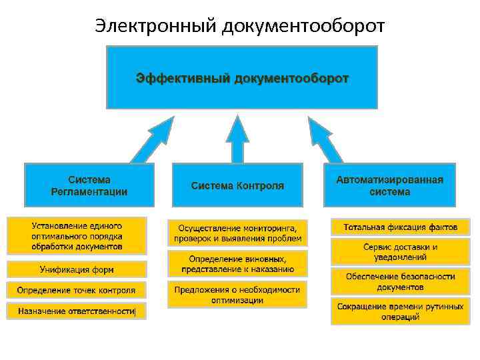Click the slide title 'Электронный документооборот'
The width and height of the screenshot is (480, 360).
[x=240, y=25]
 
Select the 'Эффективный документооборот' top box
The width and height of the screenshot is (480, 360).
[x=242, y=77]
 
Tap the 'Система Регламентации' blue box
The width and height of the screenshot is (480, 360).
[x=89, y=185]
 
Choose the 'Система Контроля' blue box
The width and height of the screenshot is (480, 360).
[x=237, y=185]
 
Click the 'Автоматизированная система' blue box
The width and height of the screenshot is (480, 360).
[x=390, y=185]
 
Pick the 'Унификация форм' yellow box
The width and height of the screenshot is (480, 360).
[x=77, y=269]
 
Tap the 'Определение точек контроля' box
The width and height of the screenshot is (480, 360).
[x=77, y=290]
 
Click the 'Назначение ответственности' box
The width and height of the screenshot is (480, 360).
[x=77, y=311]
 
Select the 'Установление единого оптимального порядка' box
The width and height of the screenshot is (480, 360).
[x=77, y=235]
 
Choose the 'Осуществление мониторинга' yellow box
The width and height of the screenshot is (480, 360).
[x=237, y=233]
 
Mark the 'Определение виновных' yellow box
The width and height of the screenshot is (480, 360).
[x=237, y=264]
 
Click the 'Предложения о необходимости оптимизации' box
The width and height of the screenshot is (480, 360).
[x=237, y=295]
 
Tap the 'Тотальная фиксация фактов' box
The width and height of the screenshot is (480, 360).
[x=400, y=227]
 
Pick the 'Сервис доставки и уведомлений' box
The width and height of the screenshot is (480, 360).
[x=400, y=251]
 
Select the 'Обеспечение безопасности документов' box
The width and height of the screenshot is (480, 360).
[x=400, y=281]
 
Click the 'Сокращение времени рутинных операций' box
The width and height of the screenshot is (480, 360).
[x=400, y=311]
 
